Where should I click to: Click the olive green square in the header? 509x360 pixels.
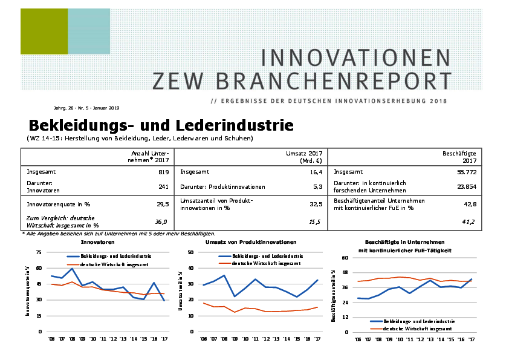44,31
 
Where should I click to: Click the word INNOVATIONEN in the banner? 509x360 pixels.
355,58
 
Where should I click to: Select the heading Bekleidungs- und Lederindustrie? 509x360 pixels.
161,126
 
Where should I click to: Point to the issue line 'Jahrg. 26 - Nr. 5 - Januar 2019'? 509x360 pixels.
86,108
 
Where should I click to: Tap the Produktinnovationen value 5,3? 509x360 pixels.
314,187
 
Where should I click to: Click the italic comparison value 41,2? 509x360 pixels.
468,222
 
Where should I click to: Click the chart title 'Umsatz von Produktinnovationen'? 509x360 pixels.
251,241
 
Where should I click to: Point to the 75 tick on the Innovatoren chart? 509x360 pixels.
39,252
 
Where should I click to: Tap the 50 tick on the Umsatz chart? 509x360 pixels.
190,252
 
